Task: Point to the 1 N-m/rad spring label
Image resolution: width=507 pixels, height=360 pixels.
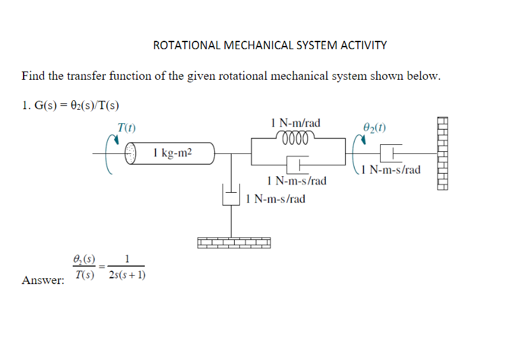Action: (x=295, y=123)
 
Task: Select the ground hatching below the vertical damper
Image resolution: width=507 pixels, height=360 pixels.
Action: (x=234, y=243)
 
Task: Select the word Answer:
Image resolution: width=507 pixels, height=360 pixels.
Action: (x=43, y=280)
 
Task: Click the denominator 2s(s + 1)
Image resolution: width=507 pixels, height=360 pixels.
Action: (x=127, y=275)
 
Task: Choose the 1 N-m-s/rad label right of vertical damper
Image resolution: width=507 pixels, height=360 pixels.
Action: (x=275, y=199)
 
